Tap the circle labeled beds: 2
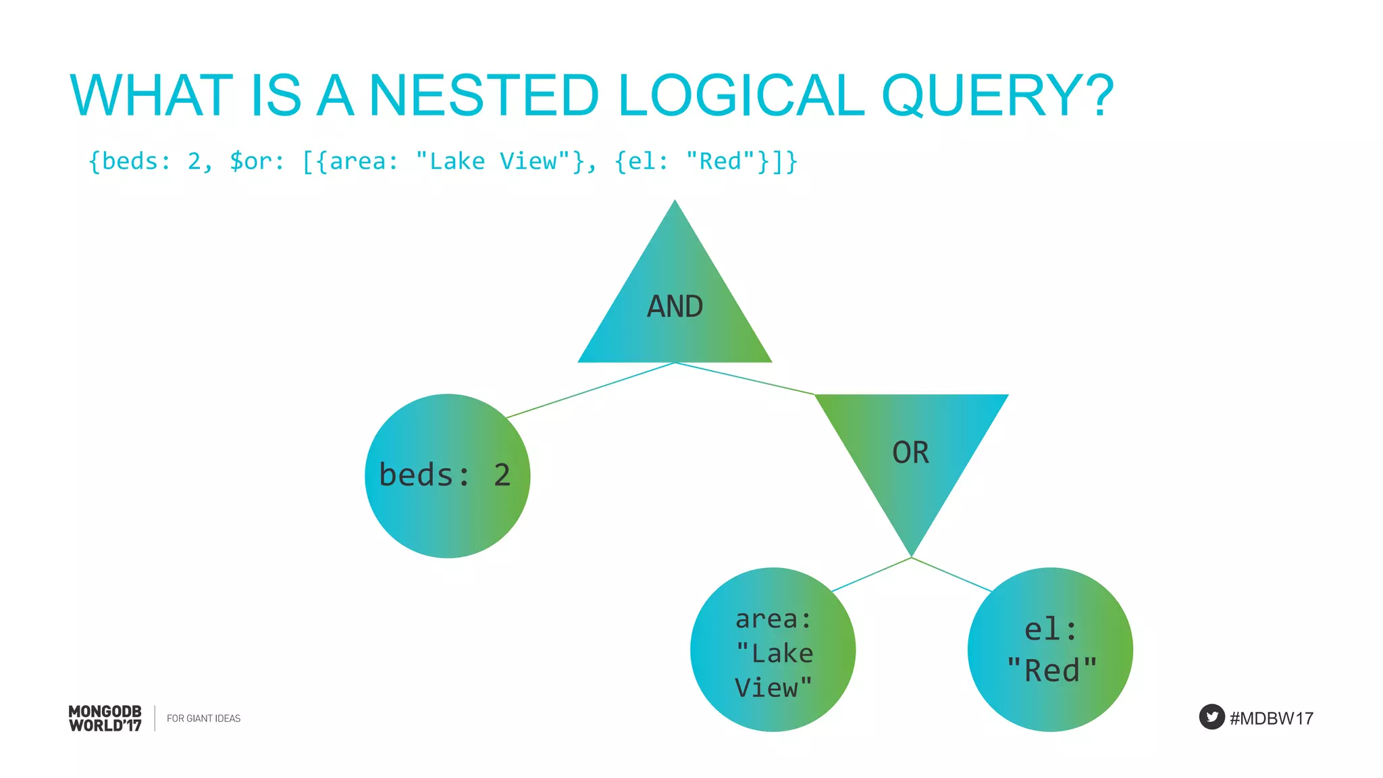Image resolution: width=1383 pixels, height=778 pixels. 447,475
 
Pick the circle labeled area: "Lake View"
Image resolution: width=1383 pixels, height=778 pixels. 773,650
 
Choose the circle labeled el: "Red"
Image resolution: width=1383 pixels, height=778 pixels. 1050,650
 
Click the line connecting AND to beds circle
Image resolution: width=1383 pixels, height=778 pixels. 590,390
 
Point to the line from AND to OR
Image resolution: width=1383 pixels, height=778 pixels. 744,378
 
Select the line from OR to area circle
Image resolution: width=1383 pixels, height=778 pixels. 871,575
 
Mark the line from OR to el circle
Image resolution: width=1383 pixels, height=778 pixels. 952,575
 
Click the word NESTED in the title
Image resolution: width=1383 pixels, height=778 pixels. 484,95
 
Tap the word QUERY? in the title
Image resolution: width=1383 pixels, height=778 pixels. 997,95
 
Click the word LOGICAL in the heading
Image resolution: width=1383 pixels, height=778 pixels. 740,95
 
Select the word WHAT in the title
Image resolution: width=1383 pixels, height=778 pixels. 151,95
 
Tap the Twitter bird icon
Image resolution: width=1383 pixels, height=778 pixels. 1211,717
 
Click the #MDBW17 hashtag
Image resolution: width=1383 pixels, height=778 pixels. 1271,718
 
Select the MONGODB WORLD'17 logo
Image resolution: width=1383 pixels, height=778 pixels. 105,718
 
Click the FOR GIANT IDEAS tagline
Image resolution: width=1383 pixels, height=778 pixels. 203,719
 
